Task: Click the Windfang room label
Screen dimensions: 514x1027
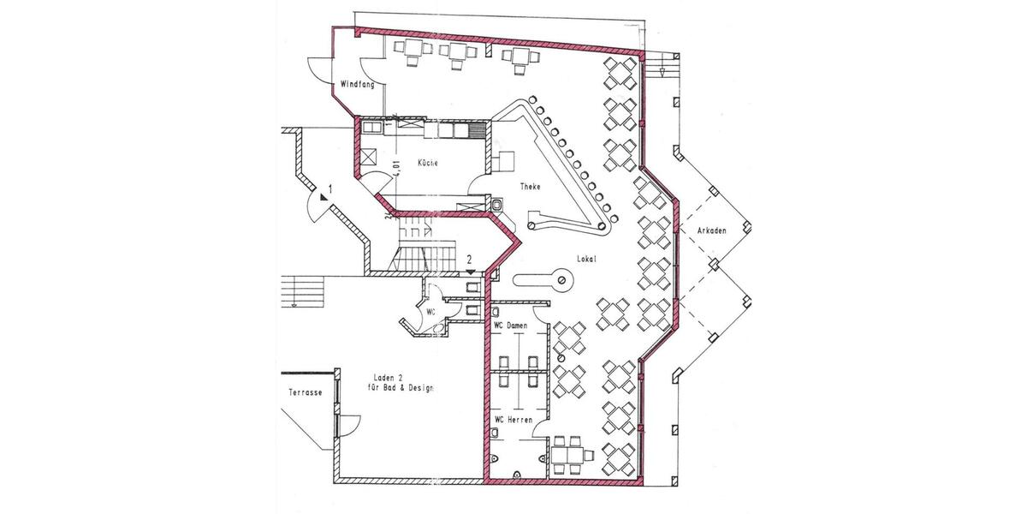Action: pyautogui.click(x=355, y=85)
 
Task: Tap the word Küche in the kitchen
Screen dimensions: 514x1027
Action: pyautogui.click(x=429, y=163)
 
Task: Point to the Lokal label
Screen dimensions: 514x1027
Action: pyautogui.click(x=586, y=259)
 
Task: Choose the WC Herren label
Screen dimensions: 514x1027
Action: pyautogui.click(x=513, y=420)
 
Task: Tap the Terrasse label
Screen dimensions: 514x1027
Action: pyautogui.click(x=306, y=392)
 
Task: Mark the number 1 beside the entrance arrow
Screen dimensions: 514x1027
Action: pyautogui.click(x=330, y=187)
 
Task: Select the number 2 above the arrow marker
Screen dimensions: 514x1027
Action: pyautogui.click(x=470, y=258)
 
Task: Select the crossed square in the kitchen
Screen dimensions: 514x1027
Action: pyautogui.click(x=370, y=157)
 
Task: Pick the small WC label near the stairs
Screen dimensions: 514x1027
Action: pyautogui.click(x=430, y=312)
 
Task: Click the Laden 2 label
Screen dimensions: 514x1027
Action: pyautogui.click(x=389, y=377)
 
